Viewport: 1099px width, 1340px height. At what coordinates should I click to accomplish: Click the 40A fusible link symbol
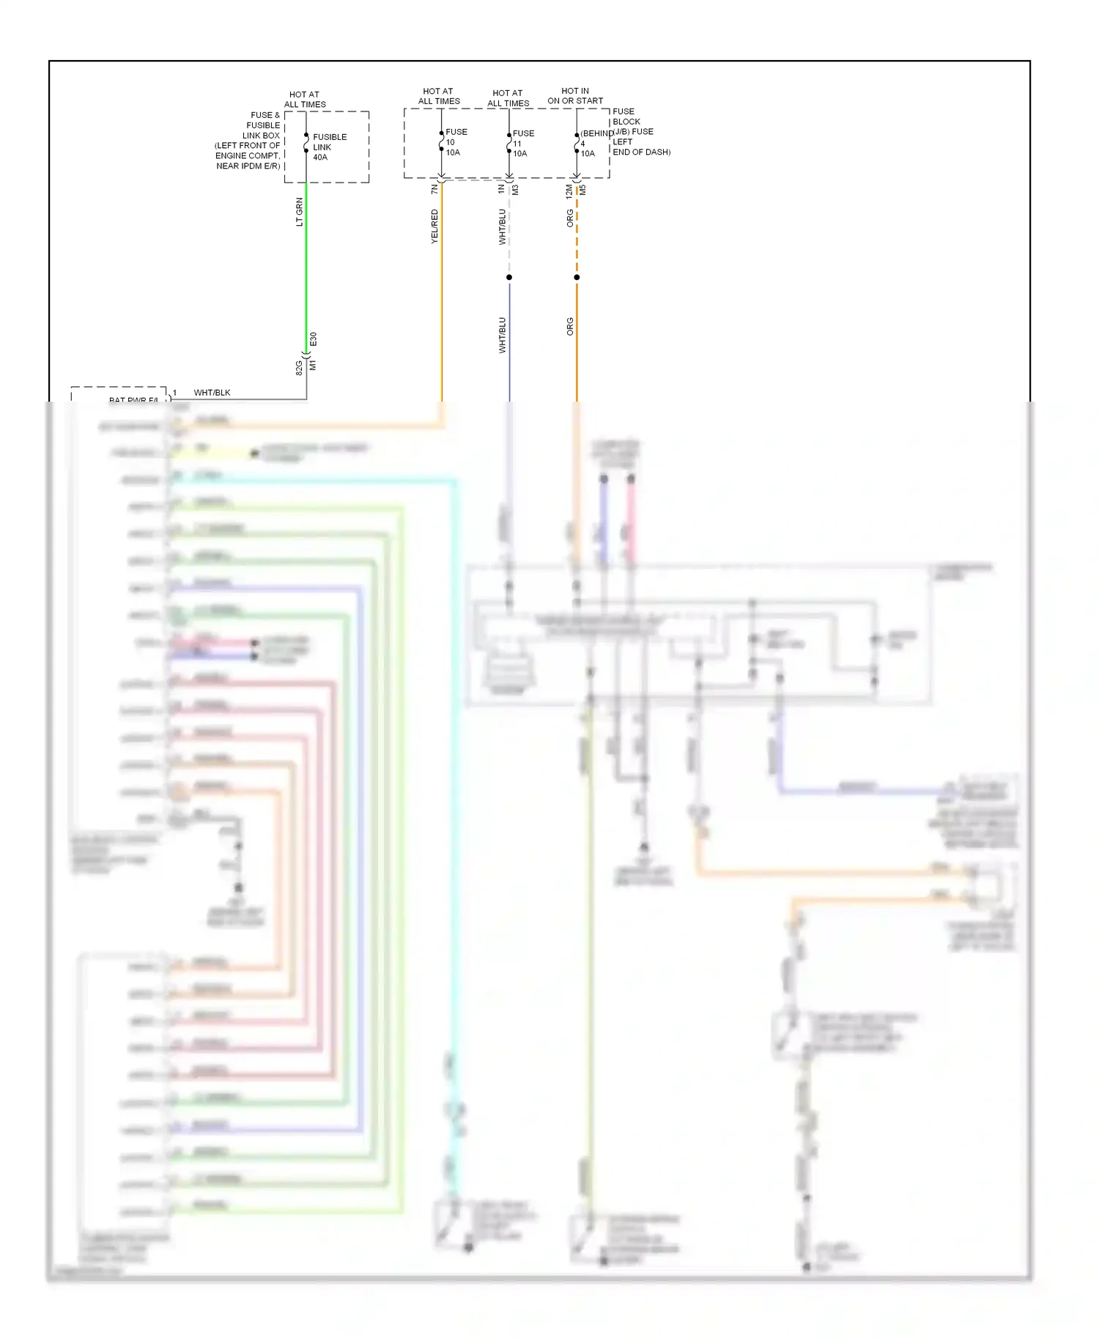[306, 142]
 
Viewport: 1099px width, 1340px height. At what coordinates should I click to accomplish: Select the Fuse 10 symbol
[441, 141]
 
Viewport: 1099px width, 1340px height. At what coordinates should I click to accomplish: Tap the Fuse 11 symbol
[509, 142]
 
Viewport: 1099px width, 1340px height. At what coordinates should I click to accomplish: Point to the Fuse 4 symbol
[577, 143]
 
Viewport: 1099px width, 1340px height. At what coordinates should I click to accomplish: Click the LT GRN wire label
[299, 212]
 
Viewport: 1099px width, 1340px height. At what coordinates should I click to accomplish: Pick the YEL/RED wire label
[434, 226]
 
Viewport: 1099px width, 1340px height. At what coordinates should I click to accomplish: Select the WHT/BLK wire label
[212, 392]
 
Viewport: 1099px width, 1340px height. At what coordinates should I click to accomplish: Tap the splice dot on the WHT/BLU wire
[509, 277]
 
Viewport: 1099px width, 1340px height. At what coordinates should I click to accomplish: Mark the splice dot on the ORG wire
[577, 277]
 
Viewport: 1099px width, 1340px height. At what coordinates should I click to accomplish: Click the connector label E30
[313, 339]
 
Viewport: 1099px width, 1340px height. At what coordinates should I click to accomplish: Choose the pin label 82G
[299, 367]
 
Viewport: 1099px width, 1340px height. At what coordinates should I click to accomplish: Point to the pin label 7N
[434, 189]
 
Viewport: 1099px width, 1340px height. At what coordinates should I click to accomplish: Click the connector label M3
[516, 189]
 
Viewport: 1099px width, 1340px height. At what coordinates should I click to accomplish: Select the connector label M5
[583, 189]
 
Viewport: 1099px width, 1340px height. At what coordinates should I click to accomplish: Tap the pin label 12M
[569, 191]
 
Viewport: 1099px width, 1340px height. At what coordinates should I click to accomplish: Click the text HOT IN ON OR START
[575, 96]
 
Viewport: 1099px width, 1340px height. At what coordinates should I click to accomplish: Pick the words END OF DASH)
[641, 152]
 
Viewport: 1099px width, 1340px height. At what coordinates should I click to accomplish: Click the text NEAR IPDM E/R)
[248, 166]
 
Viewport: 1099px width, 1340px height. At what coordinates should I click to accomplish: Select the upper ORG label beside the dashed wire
[569, 218]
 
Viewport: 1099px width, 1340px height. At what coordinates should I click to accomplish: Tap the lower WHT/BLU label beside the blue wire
[502, 335]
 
